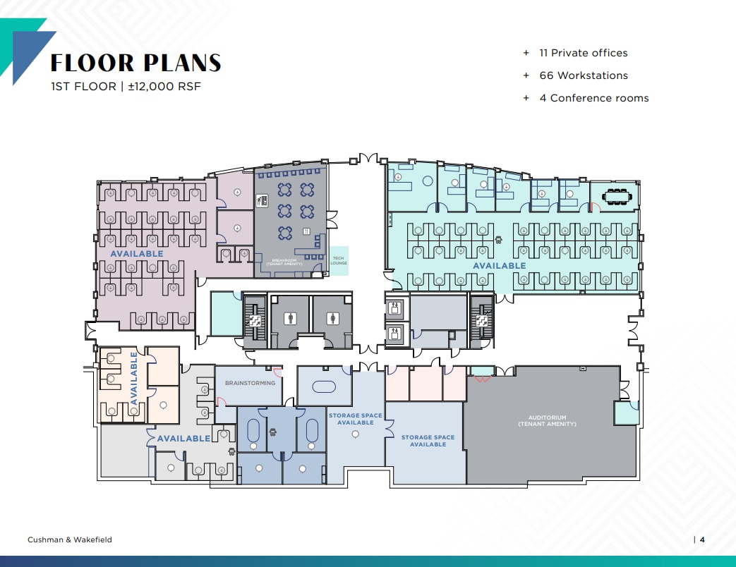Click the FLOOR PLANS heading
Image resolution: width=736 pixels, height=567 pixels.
click(x=135, y=63)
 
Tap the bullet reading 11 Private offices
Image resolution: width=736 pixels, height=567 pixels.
click(x=582, y=53)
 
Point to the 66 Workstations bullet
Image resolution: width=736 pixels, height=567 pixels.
click(x=582, y=75)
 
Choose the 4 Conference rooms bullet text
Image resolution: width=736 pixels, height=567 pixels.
click(x=593, y=98)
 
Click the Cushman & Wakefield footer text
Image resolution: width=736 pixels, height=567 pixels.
click(x=69, y=539)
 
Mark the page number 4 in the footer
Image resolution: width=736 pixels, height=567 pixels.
click(x=702, y=539)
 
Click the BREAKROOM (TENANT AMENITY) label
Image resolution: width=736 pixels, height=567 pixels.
click(x=288, y=262)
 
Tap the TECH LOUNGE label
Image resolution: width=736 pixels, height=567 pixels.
click(x=338, y=260)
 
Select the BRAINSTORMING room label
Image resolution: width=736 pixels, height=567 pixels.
click(x=249, y=383)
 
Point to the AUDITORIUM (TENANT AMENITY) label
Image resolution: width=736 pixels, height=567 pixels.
click(x=548, y=421)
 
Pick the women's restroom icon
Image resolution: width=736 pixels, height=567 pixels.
click(x=332, y=318)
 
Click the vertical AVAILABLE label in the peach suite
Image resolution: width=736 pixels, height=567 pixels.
click(x=134, y=379)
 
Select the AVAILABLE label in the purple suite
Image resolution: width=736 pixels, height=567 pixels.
click(x=136, y=253)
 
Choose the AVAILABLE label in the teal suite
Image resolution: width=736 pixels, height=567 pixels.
click(x=499, y=266)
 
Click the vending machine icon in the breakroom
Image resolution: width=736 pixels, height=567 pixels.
click(x=262, y=200)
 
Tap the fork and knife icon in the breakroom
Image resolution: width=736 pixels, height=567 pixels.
click(x=307, y=231)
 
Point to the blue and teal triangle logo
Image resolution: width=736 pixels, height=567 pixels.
click(x=28, y=49)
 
